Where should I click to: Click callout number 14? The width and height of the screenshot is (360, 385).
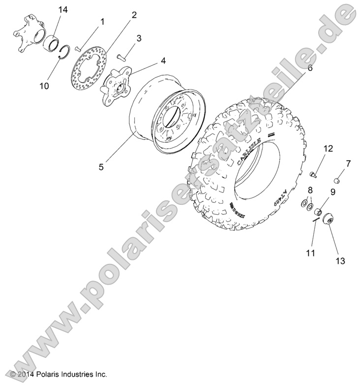click(63, 10)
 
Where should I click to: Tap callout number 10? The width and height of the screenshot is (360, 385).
click(44, 86)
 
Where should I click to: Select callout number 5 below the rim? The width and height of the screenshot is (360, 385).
click(101, 166)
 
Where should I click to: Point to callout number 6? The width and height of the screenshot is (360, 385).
click(310, 68)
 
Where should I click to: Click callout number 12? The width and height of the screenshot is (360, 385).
click(328, 148)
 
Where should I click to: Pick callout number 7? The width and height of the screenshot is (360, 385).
click(348, 163)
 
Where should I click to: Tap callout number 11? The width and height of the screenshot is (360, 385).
click(310, 253)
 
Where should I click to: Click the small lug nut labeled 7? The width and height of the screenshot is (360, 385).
click(338, 179)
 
